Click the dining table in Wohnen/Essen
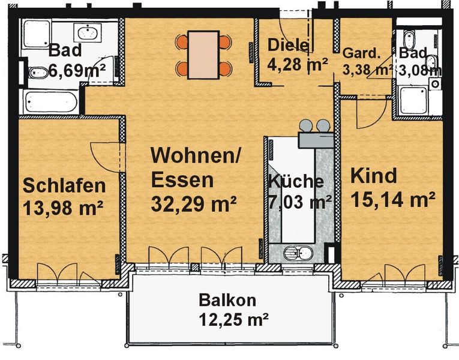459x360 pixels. click(x=203, y=55)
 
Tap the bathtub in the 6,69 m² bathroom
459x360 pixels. click(x=51, y=102)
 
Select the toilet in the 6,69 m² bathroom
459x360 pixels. click(x=38, y=73)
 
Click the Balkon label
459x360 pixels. click(x=227, y=301)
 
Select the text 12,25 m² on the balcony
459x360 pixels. click(x=233, y=319)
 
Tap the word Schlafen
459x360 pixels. click(x=64, y=186)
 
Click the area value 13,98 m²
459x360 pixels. click(x=62, y=208)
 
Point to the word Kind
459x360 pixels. click(x=374, y=176)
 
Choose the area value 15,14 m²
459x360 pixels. click(x=392, y=199)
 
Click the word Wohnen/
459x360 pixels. click(x=195, y=155)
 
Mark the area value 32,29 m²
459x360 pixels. click(x=194, y=203)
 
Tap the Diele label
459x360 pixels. click(x=288, y=45)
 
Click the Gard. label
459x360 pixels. click(x=361, y=53)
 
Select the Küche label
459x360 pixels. click(x=296, y=181)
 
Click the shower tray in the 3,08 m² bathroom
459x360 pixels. click(x=413, y=100)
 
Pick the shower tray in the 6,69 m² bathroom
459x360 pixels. click(x=37, y=34)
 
